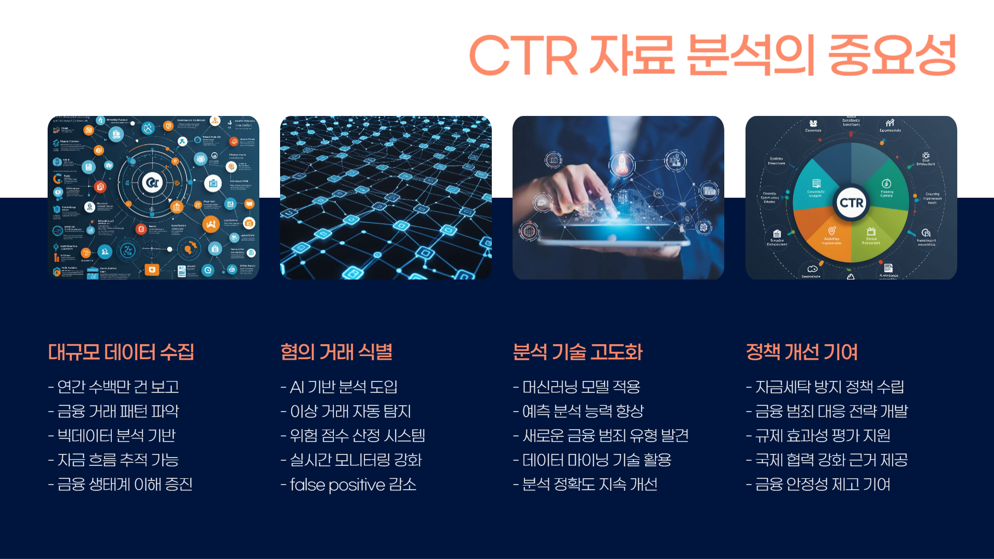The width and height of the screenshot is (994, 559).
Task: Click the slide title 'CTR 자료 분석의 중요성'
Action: pos(712,55)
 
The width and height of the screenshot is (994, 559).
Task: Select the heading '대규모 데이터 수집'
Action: pos(121,352)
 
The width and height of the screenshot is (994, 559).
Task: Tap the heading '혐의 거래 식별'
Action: pos(336,352)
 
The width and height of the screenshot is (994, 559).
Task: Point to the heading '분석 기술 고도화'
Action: pos(577,352)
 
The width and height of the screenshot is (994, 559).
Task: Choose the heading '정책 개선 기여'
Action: pos(801,352)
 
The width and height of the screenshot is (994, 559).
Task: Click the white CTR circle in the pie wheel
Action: pos(852,202)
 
